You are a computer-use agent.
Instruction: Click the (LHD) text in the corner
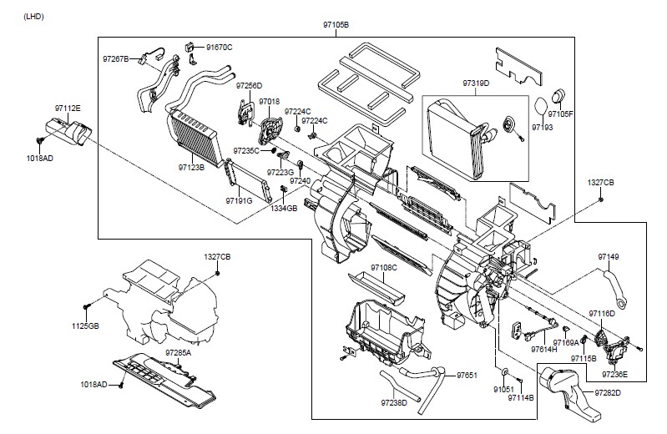(34, 17)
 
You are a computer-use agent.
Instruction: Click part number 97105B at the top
(336, 25)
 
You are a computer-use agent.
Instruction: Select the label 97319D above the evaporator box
(476, 83)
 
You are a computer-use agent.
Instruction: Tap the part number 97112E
(68, 108)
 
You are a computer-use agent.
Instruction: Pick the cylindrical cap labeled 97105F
(559, 96)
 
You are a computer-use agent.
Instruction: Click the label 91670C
(220, 48)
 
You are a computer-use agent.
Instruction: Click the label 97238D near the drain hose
(394, 402)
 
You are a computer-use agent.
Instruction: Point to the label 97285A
(179, 353)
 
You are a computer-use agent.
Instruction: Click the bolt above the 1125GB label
(87, 306)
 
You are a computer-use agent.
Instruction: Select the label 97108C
(384, 268)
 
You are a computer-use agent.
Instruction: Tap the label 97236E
(614, 375)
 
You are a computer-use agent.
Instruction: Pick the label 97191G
(239, 200)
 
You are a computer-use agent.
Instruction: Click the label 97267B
(116, 58)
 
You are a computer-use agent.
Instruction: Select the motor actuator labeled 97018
(270, 129)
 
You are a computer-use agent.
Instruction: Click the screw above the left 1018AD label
(40, 139)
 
